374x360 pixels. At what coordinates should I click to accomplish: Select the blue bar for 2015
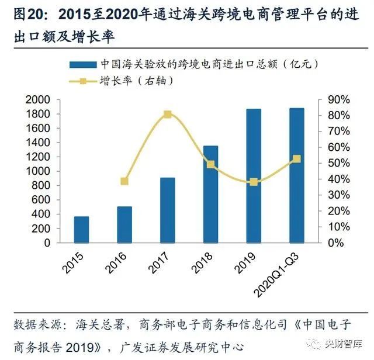coord(82,229)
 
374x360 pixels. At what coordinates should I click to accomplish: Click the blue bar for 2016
coord(124,224)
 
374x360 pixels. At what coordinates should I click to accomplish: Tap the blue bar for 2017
coord(168,210)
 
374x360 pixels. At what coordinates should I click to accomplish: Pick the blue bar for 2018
coord(210,194)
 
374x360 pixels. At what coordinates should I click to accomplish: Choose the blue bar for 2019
coord(254,175)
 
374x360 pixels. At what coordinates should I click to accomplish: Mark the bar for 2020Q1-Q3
coord(296,175)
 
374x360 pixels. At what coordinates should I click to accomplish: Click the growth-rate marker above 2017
coord(168,115)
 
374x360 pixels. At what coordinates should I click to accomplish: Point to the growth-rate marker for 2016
coord(124,181)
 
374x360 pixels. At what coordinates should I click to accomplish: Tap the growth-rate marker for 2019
coord(254,182)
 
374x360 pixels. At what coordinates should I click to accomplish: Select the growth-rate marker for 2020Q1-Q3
coord(296,159)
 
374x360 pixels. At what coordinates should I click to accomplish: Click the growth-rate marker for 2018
coord(210,165)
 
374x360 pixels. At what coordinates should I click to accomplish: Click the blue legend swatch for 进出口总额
coord(82,64)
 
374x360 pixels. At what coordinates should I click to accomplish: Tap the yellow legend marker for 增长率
coord(82,80)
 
